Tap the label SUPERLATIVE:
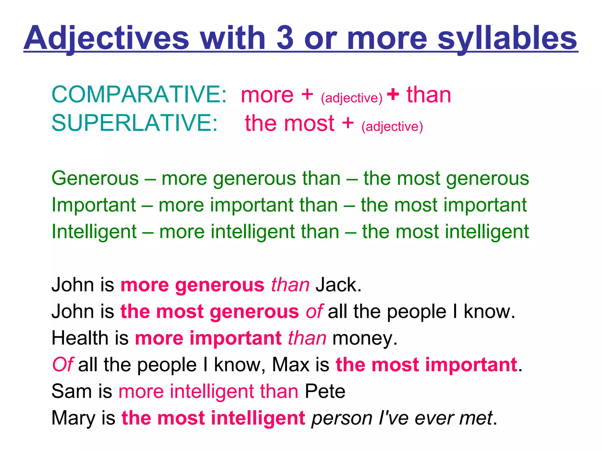click(135, 123)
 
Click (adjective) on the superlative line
click(392, 127)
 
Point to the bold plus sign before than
click(393, 95)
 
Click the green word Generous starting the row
click(95, 178)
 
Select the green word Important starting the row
click(94, 205)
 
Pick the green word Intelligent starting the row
click(94, 232)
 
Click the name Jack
click(338, 285)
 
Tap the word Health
click(80, 338)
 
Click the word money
click(364, 339)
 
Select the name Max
click(291, 365)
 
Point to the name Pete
click(325, 391)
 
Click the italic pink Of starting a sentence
click(62, 365)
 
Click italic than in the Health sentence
click(307, 338)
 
